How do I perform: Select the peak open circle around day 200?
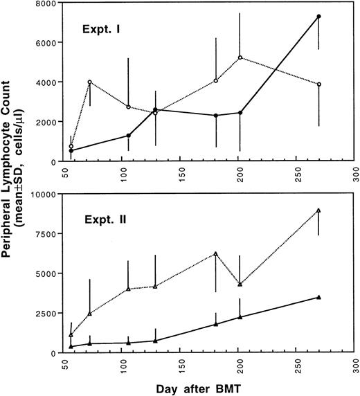[240, 58]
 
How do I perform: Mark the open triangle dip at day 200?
[240, 285]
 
